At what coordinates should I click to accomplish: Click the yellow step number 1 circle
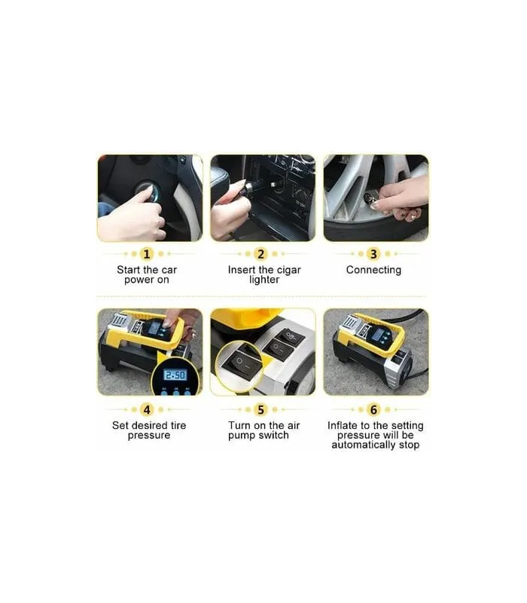point(146,254)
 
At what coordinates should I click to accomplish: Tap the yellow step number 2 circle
point(260,254)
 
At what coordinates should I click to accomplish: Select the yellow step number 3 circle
point(373,254)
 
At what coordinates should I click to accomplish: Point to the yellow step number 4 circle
point(147,409)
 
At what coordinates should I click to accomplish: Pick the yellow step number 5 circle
point(260,409)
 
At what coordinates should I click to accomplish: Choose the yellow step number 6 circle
point(373,409)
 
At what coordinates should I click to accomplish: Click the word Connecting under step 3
point(373,271)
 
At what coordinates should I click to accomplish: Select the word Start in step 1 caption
point(129,270)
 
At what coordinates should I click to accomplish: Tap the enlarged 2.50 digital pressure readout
point(175,375)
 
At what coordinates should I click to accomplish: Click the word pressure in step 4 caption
point(149,436)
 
